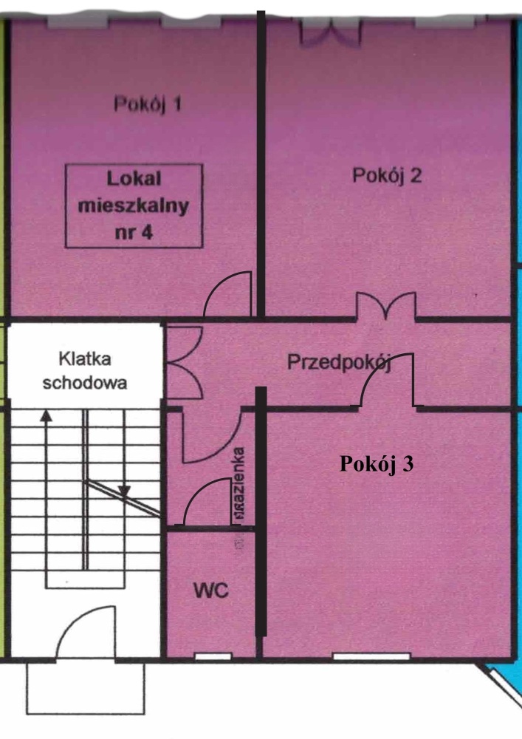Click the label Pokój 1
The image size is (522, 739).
(x=148, y=103)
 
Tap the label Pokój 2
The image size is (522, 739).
(x=387, y=175)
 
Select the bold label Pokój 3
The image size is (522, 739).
(x=377, y=464)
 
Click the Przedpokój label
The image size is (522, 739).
(x=339, y=362)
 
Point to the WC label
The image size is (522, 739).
(x=211, y=590)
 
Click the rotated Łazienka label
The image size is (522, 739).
(x=238, y=483)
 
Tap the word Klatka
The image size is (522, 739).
(x=85, y=359)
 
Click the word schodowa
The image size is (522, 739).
(x=85, y=382)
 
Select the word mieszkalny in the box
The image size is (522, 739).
(x=134, y=206)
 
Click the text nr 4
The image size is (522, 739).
(x=134, y=232)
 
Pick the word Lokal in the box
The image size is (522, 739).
(x=134, y=179)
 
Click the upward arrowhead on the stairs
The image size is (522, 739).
(x=46, y=415)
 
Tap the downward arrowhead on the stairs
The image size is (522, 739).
(x=124, y=492)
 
